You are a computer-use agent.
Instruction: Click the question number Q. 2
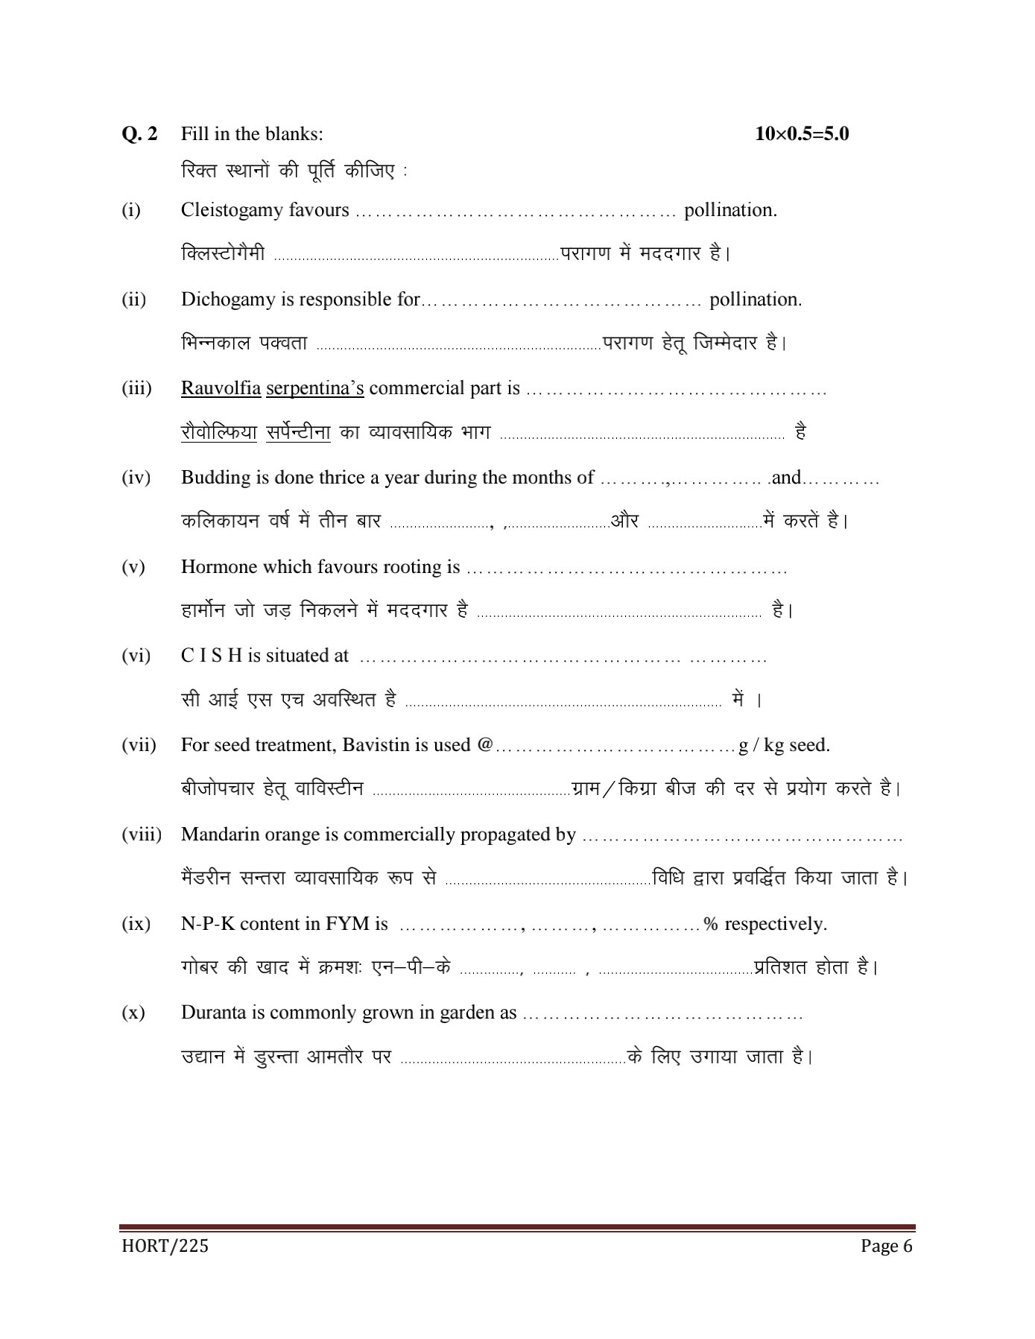click(139, 134)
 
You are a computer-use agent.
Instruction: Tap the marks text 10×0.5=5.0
click(802, 134)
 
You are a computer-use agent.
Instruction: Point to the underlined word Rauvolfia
click(221, 388)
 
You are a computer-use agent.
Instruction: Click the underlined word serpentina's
click(314, 388)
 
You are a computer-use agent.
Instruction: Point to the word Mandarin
click(216, 835)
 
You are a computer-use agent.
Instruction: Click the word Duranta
click(212, 1013)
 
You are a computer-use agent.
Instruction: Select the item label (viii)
click(142, 835)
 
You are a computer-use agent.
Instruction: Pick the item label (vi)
click(136, 656)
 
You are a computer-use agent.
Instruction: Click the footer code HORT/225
click(164, 1246)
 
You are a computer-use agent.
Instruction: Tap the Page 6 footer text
click(886, 1246)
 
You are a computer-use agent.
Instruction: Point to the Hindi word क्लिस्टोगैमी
click(223, 254)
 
